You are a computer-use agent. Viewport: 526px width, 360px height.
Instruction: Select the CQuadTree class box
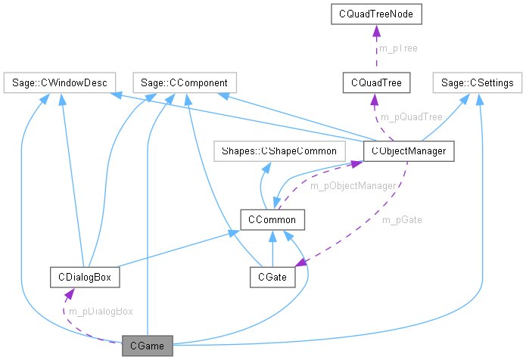pos(376,82)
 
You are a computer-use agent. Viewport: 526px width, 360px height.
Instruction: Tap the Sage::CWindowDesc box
pos(58,82)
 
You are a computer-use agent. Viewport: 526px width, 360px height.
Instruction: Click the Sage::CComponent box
pos(185,82)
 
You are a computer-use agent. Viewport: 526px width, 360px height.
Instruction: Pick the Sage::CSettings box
pos(478,82)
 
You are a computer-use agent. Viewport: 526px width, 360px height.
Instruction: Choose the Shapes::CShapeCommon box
pos(279,151)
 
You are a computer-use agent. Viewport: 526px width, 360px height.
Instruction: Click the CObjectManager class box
pos(409,151)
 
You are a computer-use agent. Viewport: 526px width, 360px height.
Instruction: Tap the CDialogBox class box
pos(84,278)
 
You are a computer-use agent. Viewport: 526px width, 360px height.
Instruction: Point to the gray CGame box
pos(148,347)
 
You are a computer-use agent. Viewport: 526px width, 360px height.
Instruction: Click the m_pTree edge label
pos(398,48)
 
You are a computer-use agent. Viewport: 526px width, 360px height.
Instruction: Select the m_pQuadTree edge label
pos(411,116)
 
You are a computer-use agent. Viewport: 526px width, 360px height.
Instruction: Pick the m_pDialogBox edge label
pos(101,312)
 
